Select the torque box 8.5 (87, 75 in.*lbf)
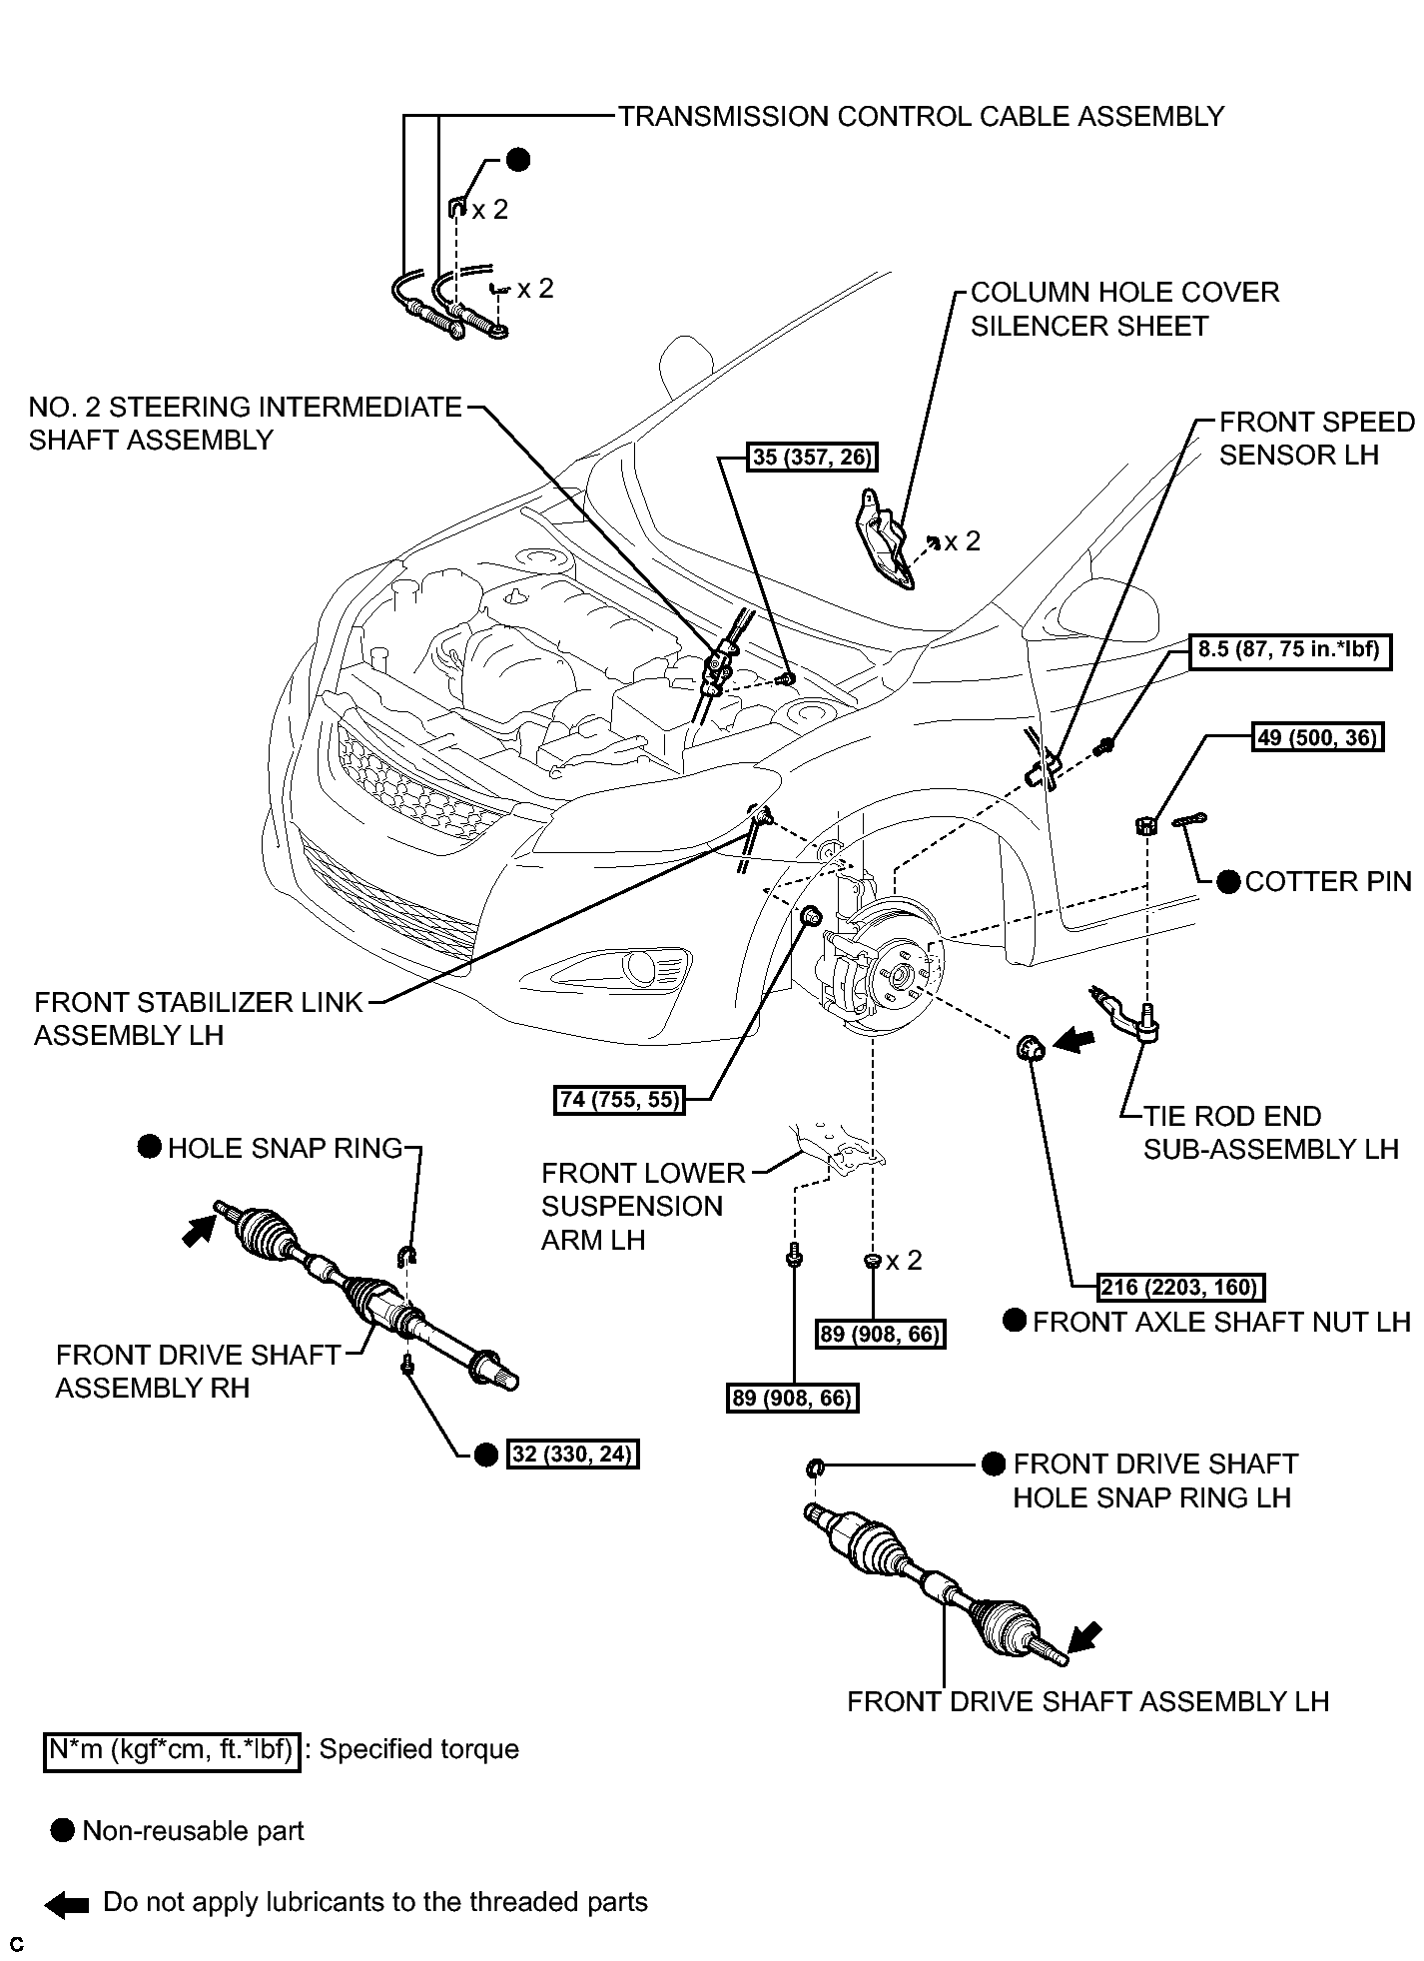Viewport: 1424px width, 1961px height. pos(1288,651)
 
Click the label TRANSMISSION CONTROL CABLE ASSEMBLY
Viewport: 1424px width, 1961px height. pos(921,117)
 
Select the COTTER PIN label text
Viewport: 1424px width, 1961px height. pos(1328,881)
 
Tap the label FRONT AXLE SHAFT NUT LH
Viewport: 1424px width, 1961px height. pos(1221,1322)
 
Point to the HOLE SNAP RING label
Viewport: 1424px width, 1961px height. pos(285,1148)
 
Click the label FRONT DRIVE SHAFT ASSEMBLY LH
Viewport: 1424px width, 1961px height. pos(1087,1701)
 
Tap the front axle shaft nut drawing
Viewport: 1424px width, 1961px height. pos(1030,1049)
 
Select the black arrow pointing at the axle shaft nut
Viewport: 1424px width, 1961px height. pos(1073,1043)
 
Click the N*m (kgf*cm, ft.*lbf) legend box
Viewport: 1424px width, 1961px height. pos(172,1750)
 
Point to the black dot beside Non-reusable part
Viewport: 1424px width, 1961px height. pos(62,1831)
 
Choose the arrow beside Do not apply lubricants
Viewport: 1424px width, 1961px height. pos(68,1903)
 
